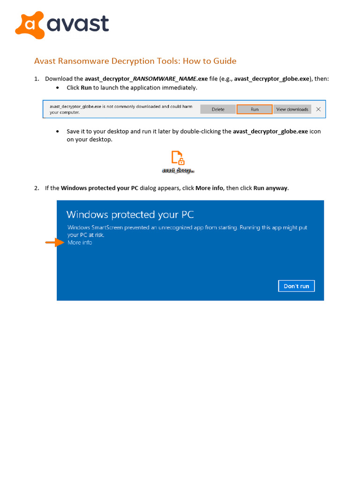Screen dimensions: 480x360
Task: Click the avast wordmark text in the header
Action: click(x=78, y=24)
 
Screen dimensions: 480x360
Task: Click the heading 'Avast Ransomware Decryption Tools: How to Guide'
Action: click(x=135, y=61)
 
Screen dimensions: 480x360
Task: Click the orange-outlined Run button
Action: click(x=254, y=109)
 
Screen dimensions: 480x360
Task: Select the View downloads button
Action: click(x=292, y=109)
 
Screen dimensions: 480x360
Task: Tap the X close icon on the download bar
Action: click(x=318, y=109)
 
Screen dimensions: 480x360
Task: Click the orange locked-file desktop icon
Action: click(x=178, y=158)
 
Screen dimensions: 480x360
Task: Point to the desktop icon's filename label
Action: click(x=178, y=171)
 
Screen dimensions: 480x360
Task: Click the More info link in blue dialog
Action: click(x=80, y=242)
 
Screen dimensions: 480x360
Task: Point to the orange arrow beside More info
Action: click(x=54, y=242)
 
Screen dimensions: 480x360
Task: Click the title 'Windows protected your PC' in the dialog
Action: click(x=130, y=215)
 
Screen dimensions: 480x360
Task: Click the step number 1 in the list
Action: click(x=36, y=79)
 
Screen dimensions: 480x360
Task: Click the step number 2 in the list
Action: click(x=36, y=188)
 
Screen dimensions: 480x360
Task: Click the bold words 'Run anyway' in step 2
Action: click(x=270, y=188)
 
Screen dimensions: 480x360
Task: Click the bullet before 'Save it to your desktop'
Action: click(x=58, y=132)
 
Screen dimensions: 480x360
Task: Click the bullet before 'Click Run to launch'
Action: click(x=58, y=88)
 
